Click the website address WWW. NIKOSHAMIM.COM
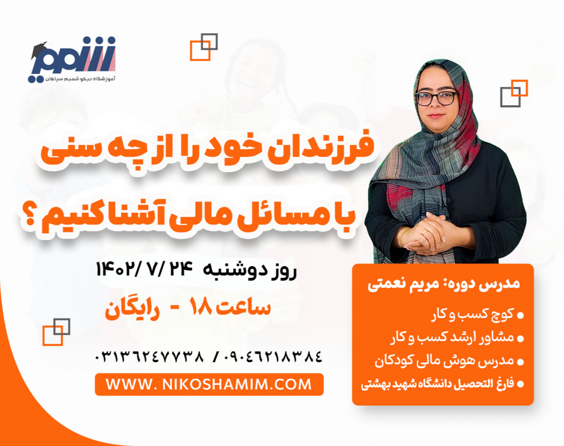pos(209,384)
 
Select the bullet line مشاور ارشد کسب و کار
pos(454,338)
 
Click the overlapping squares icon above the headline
pos(204,47)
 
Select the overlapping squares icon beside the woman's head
pos(514,93)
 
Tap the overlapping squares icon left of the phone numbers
pos(56,332)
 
